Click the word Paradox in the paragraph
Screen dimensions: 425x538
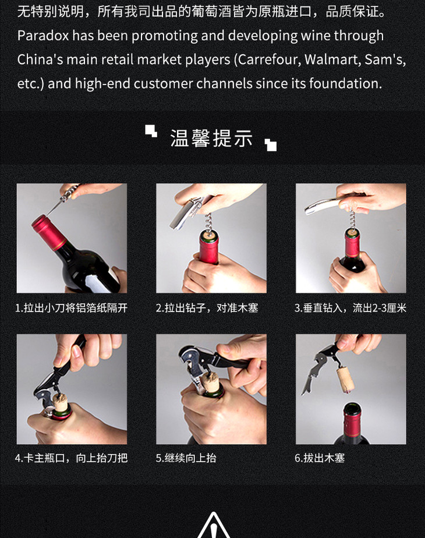[x=43, y=36]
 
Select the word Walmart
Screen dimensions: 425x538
[x=332, y=60]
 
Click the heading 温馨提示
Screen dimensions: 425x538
[x=212, y=138]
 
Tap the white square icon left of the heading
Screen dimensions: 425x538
[x=151, y=131]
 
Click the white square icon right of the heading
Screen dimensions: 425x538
[x=271, y=145]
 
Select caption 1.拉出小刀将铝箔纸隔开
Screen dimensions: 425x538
[x=72, y=308]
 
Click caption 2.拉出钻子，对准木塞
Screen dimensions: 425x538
[x=207, y=308]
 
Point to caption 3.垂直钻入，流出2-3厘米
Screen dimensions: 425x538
[x=350, y=308]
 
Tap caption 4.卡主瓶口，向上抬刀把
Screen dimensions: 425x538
[x=72, y=458]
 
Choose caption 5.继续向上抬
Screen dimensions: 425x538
[x=186, y=458]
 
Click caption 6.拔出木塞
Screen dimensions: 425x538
[x=320, y=458]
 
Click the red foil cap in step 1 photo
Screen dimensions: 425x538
[x=49, y=232]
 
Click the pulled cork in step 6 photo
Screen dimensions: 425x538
[x=345, y=380]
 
